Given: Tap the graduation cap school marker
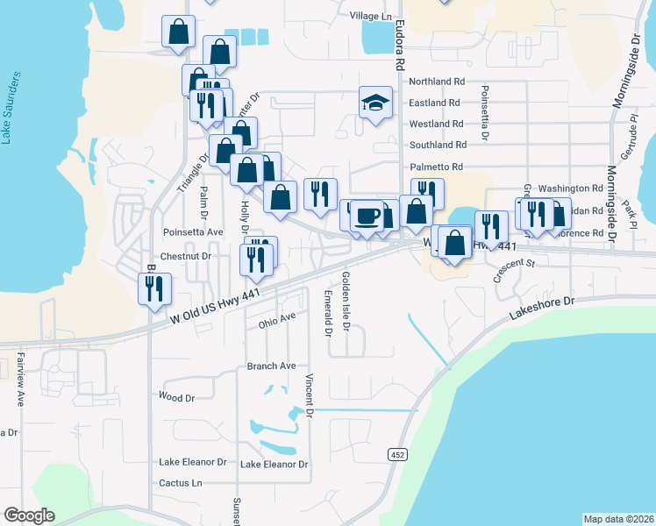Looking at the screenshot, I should pyautogui.click(x=375, y=103).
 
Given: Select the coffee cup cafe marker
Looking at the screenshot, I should pyautogui.click(x=367, y=217).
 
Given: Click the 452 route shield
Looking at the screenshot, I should pyautogui.click(x=397, y=454).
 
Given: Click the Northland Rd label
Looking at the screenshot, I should pyautogui.click(x=437, y=82).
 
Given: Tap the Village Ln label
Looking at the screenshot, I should pyautogui.click(x=371, y=17).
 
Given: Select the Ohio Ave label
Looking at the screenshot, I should pyautogui.click(x=277, y=321).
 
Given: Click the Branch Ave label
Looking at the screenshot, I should pyautogui.click(x=271, y=366).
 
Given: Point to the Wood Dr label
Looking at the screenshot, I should pyautogui.click(x=177, y=397).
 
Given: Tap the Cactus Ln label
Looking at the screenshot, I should pyautogui.click(x=181, y=483).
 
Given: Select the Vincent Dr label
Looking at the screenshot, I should pyautogui.click(x=310, y=395).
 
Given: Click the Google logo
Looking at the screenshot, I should pyautogui.click(x=29, y=515).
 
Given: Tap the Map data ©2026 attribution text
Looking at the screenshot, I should pyautogui.click(x=617, y=519).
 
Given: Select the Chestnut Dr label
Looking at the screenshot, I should pyautogui.click(x=188, y=256).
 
